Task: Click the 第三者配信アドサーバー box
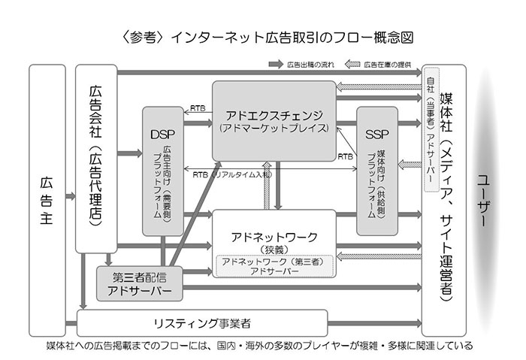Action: coord(140,282)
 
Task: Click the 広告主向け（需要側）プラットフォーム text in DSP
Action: coord(162,180)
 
